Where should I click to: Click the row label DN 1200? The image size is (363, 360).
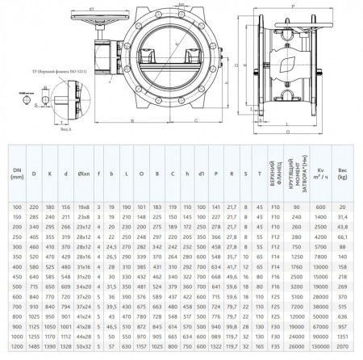tap(17, 345)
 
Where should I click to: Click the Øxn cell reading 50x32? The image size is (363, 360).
tap(85, 345)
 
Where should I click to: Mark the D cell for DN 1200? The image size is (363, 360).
tap(35, 345)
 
